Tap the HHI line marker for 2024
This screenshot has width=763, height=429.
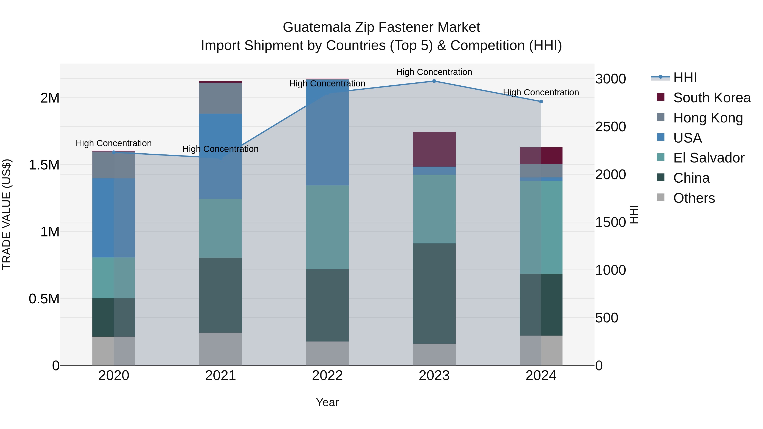(x=541, y=101)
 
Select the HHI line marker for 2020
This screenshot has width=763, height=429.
(x=114, y=152)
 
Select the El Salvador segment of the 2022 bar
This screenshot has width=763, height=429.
(x=327, y=227)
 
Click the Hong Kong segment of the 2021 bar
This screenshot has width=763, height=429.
(x=220, y=98)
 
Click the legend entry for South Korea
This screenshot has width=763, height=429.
(x=712, y=98)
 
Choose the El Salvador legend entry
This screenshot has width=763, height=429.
(x=709, y=158)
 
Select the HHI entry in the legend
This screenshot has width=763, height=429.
(x=685, y=78)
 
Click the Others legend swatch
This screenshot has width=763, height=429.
(x=660, y=197)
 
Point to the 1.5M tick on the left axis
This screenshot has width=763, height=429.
(x=44, y=165)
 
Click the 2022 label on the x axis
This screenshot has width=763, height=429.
(x=327, y=376)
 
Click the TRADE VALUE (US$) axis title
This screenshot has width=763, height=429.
(x=7, y=214)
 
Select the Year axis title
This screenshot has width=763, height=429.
(x=327, y=402)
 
